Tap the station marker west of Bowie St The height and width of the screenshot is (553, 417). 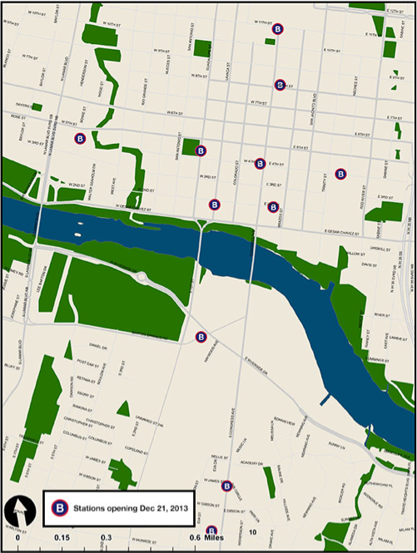pyautogui.click(x=80, y=139)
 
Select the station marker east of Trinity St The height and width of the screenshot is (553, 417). pyautogui.click(x=340, y=174)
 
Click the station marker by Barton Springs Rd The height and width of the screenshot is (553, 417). pyautogui.click(x=201, y=337)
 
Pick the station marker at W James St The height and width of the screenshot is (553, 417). pyautogui.click(x=226, y=486)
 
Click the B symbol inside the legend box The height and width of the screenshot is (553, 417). pyautogui.click(x=59, y=506)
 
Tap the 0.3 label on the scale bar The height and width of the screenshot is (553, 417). pyautogui.click(x=107, y=539)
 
